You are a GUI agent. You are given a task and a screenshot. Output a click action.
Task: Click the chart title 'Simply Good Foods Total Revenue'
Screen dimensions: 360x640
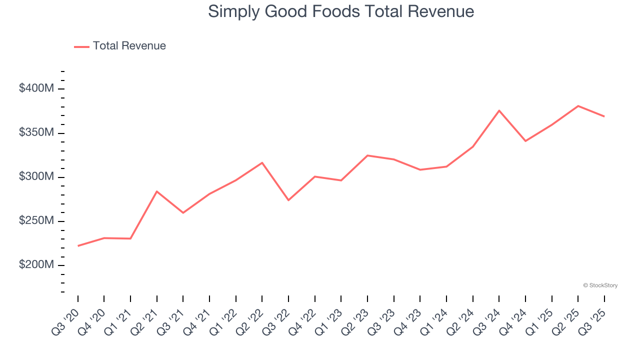pos(341,11)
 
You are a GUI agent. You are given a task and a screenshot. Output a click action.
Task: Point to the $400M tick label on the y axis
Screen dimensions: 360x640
pos(36,88)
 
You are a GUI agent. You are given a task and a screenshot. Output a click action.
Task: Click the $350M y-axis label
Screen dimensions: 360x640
pos(36,133)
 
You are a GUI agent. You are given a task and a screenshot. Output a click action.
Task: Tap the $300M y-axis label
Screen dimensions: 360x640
pos(36,177)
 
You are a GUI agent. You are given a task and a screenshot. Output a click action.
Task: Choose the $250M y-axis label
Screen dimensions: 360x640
pos(36,221)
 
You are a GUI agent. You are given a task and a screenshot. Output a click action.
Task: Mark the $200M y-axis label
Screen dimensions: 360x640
pos(36,265)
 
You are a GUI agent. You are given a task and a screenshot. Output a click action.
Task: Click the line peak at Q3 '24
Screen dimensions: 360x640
pos(499,110)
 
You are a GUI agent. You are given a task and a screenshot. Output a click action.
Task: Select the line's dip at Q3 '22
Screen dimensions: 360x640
pos(288,200)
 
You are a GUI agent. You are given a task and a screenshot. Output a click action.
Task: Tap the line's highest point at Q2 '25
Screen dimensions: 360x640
pos(578,106)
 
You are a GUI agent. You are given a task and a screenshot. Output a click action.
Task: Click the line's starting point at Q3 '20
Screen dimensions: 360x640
pos(78,246)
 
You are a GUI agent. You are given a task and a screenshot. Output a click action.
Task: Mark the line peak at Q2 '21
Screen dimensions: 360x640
pos(157,191)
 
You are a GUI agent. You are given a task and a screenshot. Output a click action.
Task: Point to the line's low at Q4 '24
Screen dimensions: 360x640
pos(525,141)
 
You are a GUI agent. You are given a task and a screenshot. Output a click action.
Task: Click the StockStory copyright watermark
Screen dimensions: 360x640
pos(600,285)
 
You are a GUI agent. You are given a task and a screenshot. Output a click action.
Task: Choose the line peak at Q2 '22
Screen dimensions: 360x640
pos(262,162)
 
